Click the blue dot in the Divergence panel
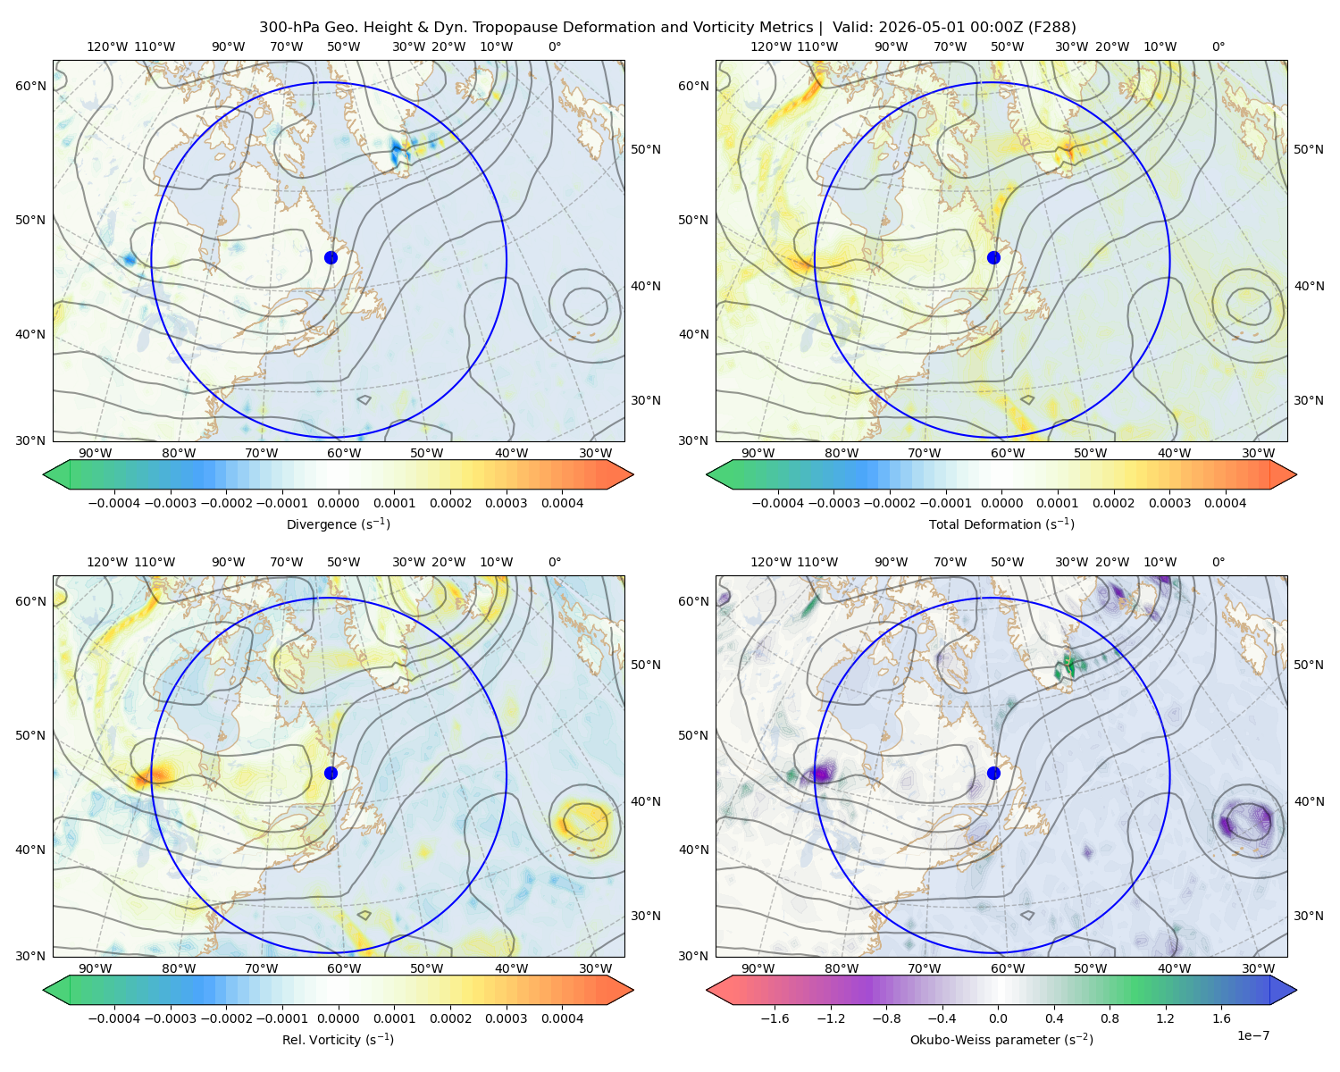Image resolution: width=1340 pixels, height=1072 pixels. click(331, 257)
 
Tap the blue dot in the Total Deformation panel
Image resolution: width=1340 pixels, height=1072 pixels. click(993, 257)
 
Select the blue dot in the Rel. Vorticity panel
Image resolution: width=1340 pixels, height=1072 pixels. click(331, 773)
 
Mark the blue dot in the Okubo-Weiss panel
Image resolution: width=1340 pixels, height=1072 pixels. click(993, 773)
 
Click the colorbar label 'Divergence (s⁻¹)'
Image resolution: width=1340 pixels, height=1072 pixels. click(338, 523)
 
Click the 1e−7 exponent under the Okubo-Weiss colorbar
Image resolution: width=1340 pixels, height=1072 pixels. click(1252, 1035)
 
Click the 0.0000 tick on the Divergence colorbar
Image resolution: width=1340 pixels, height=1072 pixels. click(338, 503)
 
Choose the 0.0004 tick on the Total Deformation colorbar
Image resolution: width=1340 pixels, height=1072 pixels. click(1225, 503)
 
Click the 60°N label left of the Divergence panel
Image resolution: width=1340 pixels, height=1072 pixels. click(30, 86)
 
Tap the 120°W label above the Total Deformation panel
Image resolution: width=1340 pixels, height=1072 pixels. click(771, 46)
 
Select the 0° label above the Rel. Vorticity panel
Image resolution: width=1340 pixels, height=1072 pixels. click(555, 562)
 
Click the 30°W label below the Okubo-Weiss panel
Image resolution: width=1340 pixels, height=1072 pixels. click(1258, 968)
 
